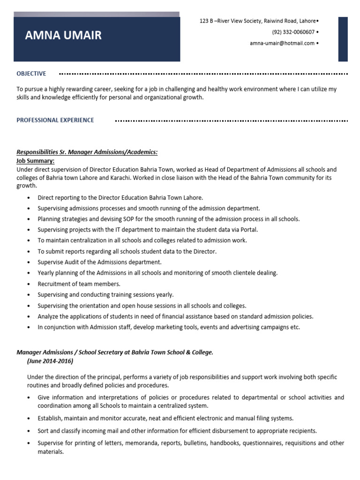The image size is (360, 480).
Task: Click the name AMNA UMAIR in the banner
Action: [63, 36]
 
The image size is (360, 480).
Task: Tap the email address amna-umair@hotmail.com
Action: [281, 43]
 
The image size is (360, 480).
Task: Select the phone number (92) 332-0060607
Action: [293, 32]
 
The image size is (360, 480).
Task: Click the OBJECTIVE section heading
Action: [31, 74]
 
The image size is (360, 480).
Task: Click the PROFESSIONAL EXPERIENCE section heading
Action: [55, 120]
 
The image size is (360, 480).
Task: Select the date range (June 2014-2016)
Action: [50, 361]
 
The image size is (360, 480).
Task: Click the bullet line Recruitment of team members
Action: [79, 284]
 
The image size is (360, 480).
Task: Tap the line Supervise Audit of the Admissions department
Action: [99, 262]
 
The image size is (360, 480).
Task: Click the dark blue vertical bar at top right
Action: [343, 39]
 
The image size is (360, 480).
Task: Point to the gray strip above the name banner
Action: [97, 14]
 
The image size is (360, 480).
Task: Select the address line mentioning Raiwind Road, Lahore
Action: [258, 21]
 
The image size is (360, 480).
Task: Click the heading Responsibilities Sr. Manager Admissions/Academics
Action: [87, 152]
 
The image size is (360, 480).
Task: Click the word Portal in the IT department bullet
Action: [248, 230]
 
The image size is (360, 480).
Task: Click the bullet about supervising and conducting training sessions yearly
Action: [105, 295]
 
